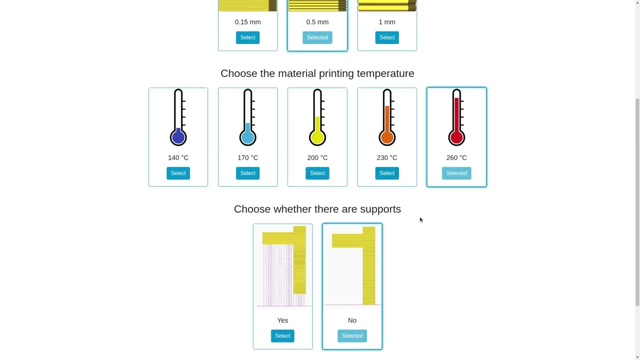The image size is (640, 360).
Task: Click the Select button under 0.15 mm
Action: point(247,37)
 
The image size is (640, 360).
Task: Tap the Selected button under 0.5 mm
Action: point(317,37)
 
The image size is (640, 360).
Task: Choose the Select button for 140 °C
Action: point(178,173)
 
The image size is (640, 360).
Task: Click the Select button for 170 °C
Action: point(247,173)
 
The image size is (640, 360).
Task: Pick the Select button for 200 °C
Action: point(317,173)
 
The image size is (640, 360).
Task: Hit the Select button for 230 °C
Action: point(387,173)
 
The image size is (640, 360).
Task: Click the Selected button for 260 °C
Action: point(456,173)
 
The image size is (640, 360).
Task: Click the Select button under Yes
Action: point(282,335)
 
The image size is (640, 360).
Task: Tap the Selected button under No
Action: point(352,335)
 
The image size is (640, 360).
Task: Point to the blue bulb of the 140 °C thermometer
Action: point(178,137)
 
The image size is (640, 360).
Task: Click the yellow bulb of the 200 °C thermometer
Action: point(317,137)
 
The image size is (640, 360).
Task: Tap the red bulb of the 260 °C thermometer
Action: point(456,137)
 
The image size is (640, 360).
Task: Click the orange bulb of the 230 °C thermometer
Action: point(387,137)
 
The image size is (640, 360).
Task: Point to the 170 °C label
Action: point(247,157)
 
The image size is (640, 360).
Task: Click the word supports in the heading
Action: point(380,209)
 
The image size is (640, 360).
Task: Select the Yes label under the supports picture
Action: point(282,320)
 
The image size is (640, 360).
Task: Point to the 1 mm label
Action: point(387,22)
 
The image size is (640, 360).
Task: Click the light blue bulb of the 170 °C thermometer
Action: point(247,137)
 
